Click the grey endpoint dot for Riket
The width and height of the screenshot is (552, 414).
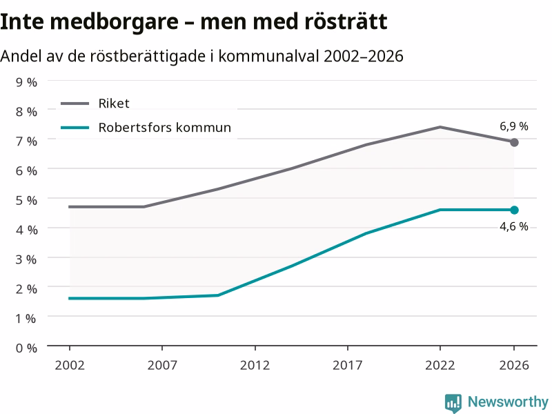[x=514, y=143]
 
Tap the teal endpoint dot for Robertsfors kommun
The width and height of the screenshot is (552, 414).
[x=514, y=210]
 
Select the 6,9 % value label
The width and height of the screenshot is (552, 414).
[x=514, y=126]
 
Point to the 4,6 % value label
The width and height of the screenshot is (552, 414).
[x=514, y=226]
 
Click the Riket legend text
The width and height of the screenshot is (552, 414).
[x=114, y=103]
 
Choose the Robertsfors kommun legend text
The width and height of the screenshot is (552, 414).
[x=165, y=128]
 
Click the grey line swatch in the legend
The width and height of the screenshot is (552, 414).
[x=75, y=103]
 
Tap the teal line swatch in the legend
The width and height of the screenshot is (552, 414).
[x=75, y=128]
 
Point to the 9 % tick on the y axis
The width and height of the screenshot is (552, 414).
[x=26, y=82]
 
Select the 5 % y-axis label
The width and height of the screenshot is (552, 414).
[x=26, y=200]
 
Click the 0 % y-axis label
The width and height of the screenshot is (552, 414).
[x=26, y=348]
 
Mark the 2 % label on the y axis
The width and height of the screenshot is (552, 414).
[x=26, y=289]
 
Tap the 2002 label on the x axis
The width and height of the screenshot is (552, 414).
[x=70, y=365]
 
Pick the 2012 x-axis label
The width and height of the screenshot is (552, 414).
[x=255, y=365]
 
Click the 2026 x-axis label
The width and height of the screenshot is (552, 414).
[x=514, y=365]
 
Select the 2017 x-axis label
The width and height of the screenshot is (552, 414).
[x=348, y=365]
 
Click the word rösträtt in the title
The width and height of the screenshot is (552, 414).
[x=346, y=21]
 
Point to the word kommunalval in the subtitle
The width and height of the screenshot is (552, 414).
[x=268, y=56]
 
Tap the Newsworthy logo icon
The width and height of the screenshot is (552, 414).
[x=453, y=403]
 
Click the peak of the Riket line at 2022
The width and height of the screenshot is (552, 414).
[x=440, y=127]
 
